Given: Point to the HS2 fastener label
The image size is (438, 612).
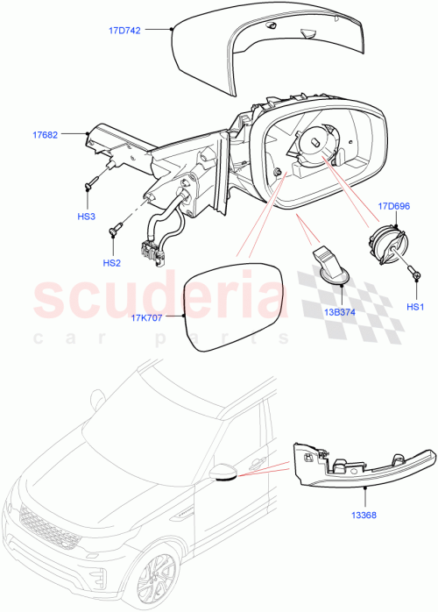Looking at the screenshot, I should pos(111,262).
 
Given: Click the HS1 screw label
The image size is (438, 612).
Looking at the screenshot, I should pos(416,307).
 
